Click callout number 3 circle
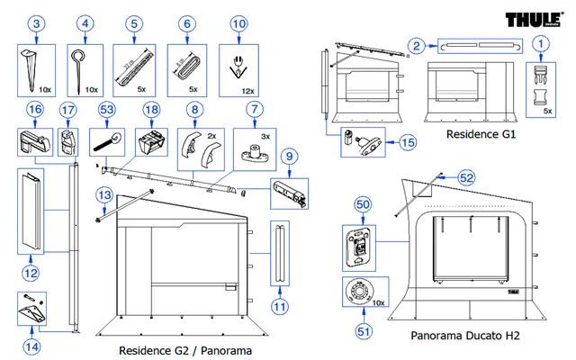tap(35, 22)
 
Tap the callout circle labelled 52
tap(466, 177)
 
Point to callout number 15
tap(407, 142)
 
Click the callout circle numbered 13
tap(105, 193)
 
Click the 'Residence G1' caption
tap(482, 134)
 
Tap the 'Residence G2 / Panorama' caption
tap(185, 349)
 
